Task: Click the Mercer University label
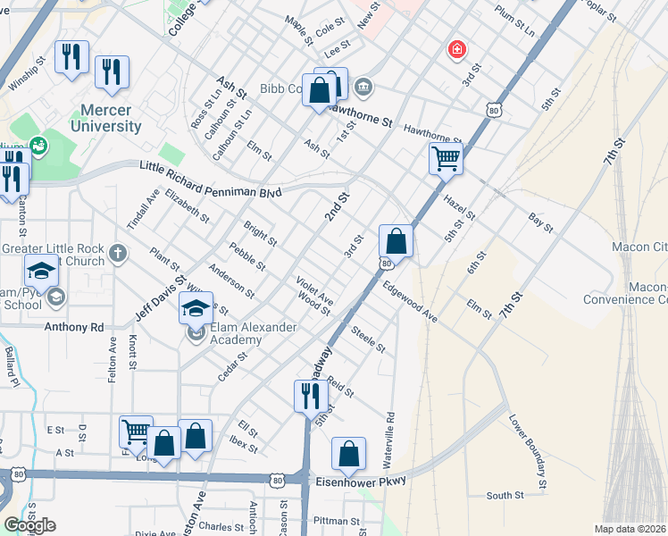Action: coord(111,118)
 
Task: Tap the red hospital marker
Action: coord(457,49)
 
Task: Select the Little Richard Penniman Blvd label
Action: coord(211,180)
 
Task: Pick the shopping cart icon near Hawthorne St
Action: coord(445,160)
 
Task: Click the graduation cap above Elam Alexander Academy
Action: coord(196,308)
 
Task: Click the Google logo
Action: coord(29,525)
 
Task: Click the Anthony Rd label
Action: coord(74,327)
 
